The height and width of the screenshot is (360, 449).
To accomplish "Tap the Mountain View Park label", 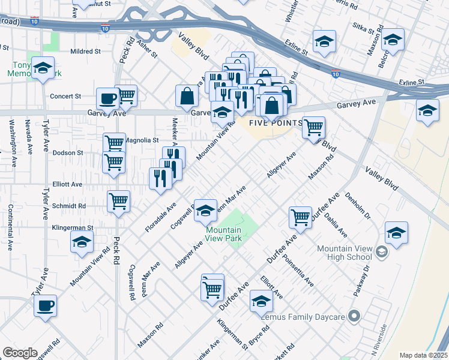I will tap(224, 234).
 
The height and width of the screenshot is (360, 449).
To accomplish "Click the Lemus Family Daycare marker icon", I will tap(354, 315).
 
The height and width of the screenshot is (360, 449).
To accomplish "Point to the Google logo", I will tap(20, 353).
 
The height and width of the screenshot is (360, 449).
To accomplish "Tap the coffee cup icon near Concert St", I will tap(107, 98).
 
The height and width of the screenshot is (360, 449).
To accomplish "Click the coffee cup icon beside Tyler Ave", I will tap(45, 305).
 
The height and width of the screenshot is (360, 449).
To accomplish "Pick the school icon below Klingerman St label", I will tap(82, 242).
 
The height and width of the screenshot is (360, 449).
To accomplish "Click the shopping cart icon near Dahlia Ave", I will tap(300, 217).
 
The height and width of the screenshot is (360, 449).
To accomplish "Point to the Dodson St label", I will tap(68, 153).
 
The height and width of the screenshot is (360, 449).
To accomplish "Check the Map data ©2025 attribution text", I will tap(423, 355).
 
